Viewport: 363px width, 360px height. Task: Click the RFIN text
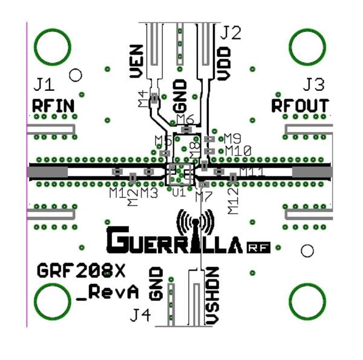coord(53,106)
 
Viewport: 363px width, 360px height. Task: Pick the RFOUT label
coord(299,105)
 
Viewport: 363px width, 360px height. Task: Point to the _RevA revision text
coord(108,292)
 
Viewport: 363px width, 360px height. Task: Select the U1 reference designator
coord(178,193)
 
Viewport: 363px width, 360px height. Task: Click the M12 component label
coord(233,200)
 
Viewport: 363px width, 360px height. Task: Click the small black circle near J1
coord(76,75)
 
